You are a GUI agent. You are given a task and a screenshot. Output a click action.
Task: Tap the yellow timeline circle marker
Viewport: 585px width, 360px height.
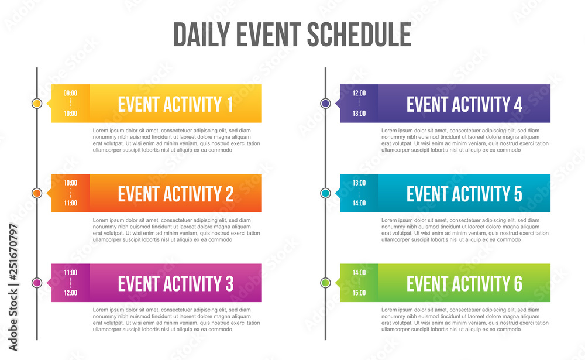click(x=37, y=104)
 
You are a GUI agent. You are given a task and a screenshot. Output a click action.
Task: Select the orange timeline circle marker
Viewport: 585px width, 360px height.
click(x=37, y=193)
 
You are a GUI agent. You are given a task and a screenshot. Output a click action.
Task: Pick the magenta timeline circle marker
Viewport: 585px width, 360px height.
click(x=37, y=283)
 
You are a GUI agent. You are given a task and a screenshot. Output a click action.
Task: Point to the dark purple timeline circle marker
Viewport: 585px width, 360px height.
click(x=325, y=104)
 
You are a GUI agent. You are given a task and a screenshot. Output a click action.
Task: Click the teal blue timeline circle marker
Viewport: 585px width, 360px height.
click(x=325, y=193)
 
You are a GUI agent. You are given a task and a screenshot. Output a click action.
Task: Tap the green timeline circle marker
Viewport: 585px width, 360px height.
click(x=325, y=283)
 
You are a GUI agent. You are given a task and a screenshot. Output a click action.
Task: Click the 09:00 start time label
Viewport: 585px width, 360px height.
click(x=70, y=93)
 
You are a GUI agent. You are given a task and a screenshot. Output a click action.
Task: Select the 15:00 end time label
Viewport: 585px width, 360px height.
click(x=359, y=293)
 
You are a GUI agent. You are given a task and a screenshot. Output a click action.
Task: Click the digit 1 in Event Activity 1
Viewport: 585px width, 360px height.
click(x=229, y=104)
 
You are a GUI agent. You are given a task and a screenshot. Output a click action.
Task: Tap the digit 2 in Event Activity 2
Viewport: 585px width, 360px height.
click(x=229, y=194)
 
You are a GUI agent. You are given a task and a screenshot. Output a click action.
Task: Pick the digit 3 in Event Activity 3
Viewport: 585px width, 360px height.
click(x=229, y=283)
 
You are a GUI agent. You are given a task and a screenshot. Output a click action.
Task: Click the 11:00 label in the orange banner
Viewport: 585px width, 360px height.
click(x=70, y=203)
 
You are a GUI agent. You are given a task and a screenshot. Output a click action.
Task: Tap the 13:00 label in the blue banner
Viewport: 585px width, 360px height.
click(x=359, y=183)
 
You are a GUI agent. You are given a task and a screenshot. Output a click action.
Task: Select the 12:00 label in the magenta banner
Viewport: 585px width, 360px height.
click(x=70, y=293)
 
